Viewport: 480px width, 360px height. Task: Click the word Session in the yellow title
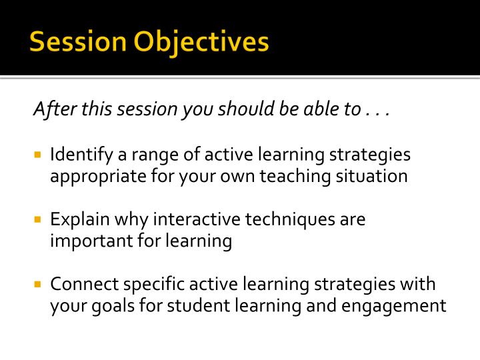pyautogui.click(x=78, y=41)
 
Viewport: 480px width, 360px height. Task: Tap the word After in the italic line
pyautogui.click(x=55, y=109)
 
